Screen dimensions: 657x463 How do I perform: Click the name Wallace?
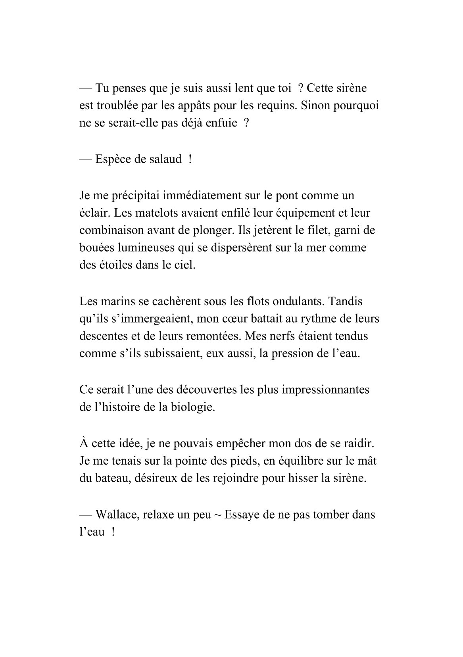(113, 515)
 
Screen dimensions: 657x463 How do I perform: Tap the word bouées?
(95, 248)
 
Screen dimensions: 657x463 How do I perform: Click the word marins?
(116, 301)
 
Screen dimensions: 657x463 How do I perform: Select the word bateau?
(110, 478)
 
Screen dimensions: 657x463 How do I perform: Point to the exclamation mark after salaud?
(190, 159)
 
